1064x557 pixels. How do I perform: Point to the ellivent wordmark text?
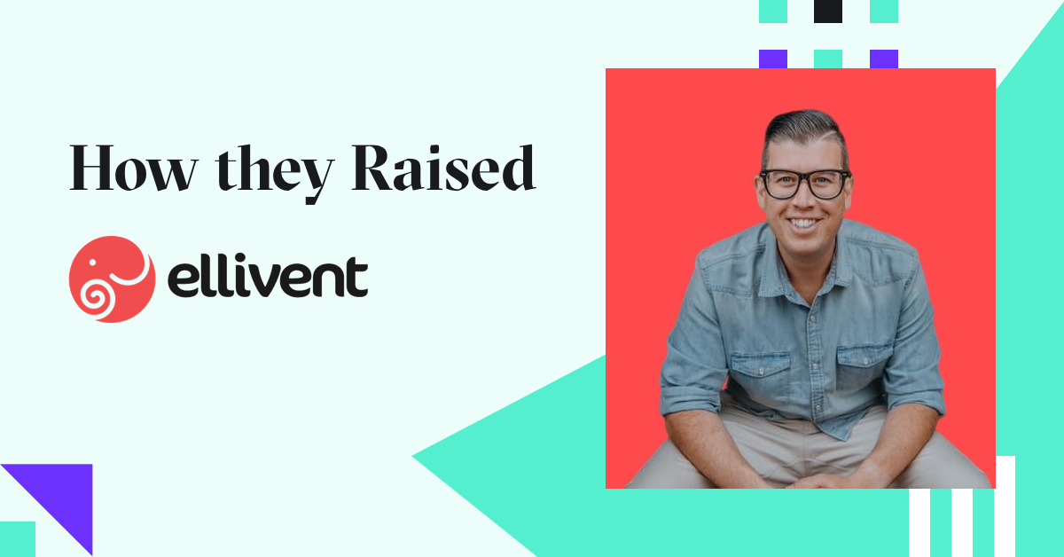point(267,278)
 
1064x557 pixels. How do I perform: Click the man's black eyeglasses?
point(803,184)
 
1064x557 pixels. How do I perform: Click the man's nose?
point(804,202)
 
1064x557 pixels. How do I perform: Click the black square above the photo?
point(827,11)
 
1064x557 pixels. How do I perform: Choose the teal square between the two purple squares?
point(827,59)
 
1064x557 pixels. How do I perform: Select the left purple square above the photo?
point(772,59)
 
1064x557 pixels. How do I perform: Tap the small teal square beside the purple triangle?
point(17,538)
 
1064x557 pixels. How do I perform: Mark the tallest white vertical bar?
point(1005,506)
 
